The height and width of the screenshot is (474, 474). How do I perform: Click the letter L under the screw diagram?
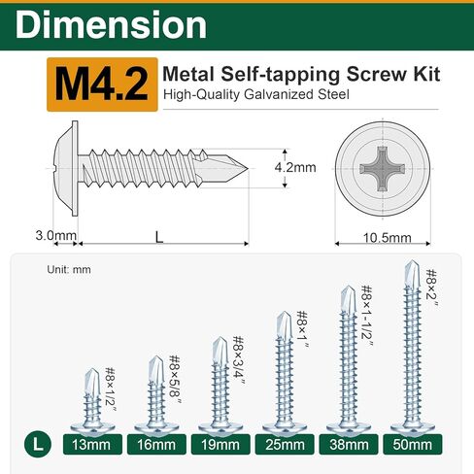157,236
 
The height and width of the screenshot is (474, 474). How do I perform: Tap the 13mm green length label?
90,445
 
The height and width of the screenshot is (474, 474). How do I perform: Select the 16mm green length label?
155,445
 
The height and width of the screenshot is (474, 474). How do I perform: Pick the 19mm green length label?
220,445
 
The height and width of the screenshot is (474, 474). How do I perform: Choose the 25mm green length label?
285,445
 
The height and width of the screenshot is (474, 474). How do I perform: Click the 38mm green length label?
350,445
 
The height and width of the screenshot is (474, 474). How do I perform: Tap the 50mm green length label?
414,445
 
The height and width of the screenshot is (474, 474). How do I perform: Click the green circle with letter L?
36,445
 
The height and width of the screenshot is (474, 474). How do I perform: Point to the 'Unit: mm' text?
67,271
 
